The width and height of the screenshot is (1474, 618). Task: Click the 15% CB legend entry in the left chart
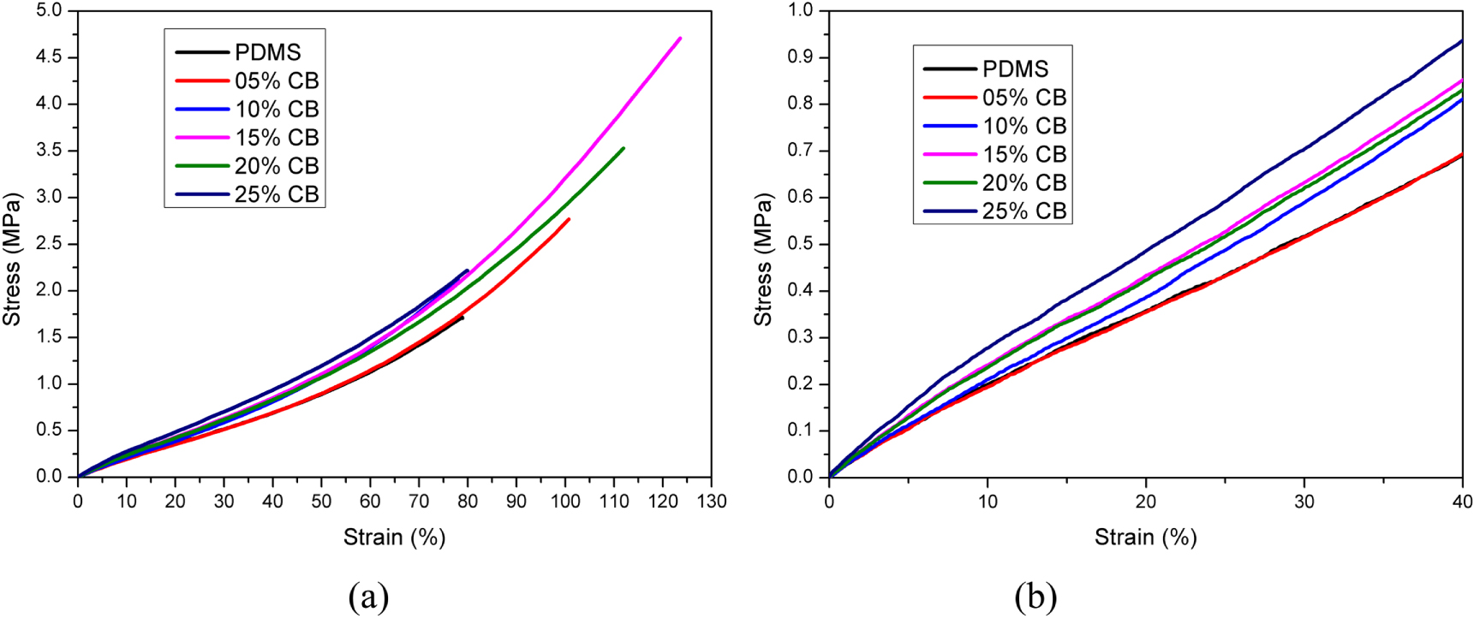tap(276, 138)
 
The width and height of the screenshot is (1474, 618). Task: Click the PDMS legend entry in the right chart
tap(1015, 69)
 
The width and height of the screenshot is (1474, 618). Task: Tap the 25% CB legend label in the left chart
tap(276, 194)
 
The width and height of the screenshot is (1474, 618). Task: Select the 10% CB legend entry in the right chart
tap(1023, 127)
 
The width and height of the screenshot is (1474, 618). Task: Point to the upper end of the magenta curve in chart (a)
tap(679, 39)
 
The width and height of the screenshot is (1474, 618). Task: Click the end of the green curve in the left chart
tap(623, 148)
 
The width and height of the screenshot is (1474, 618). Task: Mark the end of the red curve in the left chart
tap(569, 219)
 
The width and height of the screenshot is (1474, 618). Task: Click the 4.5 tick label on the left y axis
tap(49, 57)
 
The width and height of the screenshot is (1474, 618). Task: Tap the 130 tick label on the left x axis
tap(711, 502)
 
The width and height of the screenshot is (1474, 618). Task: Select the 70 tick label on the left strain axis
tap(419, 502)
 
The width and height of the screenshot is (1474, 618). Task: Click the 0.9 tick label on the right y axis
tap(801, 57)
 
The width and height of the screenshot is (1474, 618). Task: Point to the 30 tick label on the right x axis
tap(1304, 502)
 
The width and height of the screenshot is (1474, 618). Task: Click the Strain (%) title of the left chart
tap(395, 538)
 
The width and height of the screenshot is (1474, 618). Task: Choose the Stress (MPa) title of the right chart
tap(762, 260)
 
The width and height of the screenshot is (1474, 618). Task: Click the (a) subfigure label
tap(368, 597)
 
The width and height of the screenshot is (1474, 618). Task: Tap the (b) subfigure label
tap(1035, 597)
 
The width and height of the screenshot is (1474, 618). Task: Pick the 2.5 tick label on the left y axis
tap(49, 243)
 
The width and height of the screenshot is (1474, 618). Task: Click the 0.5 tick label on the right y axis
tap(801, 244)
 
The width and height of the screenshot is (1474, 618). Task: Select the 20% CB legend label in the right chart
tap(1023, 183)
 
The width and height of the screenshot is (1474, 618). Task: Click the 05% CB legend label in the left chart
tap(276, 81)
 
